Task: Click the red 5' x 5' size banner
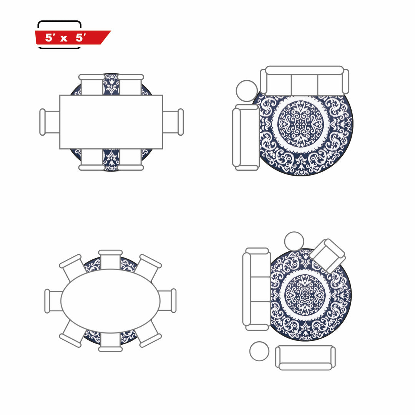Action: pos(73,37)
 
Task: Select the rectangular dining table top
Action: pos(111,122)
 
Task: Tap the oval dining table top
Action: pos(110,301)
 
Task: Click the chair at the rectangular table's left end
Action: pos(50,122)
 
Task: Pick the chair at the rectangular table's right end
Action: pos(173,122)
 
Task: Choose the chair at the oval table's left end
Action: pos(54,301)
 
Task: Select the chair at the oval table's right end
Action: pos(167,300)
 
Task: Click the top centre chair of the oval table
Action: pos(110,260)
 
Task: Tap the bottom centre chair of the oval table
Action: pos(110,342)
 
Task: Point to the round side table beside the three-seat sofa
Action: pos(247,91)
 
